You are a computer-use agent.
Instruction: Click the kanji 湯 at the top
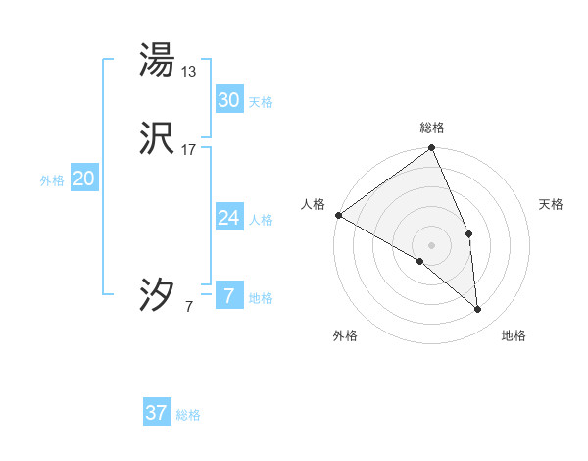coord(157,60)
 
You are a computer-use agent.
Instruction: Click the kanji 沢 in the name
coord(157,139)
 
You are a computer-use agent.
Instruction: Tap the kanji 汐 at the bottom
coord(157,294)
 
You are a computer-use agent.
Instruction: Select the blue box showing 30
coord(228,99)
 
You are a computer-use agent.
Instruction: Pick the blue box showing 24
coord(228,218)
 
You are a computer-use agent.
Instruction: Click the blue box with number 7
coord(228,296)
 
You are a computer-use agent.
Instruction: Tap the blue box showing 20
coord(84,179)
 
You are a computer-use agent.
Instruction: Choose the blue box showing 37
coord(157,413)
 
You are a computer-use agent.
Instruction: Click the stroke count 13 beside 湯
coord(189,71)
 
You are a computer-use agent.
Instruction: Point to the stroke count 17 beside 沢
coord(189,150)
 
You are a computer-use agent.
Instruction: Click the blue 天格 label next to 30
coord(261,102)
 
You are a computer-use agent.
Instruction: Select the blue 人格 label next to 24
coord(261,220)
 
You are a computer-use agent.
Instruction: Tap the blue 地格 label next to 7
coord(261,298)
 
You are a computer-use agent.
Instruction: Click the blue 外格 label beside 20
coord(52,180)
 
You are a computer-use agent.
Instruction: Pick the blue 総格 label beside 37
coord(189,415)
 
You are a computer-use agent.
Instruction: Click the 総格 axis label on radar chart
coord(432,128)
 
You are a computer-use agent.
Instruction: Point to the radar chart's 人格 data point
coord(338,215)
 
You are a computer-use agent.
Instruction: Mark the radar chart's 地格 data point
coord(477,310)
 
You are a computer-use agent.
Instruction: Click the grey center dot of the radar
coord(432,244)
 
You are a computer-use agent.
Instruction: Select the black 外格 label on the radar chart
coord(345,335)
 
